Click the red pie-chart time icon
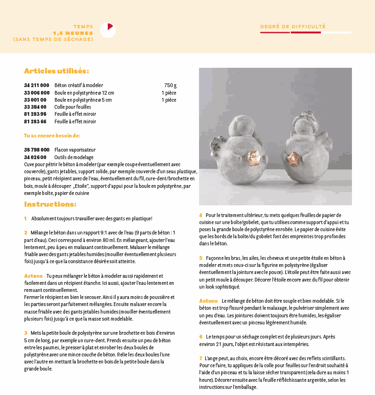pos(108,30)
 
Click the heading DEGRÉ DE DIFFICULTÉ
pos(293,27)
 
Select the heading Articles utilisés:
pos(56,71)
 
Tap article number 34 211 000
pos(36,85)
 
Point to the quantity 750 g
pos(170,85)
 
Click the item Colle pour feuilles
pos(72,107)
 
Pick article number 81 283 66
pos(35,121)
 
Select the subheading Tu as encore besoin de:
pos(52,136)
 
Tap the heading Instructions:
pos(50,204)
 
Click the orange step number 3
pos(26,333)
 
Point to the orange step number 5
pos(201,258)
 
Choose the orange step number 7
pos(201,358)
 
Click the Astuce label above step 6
pos(208,300)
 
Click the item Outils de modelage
pos(74,157)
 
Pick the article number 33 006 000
pos(36,93)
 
